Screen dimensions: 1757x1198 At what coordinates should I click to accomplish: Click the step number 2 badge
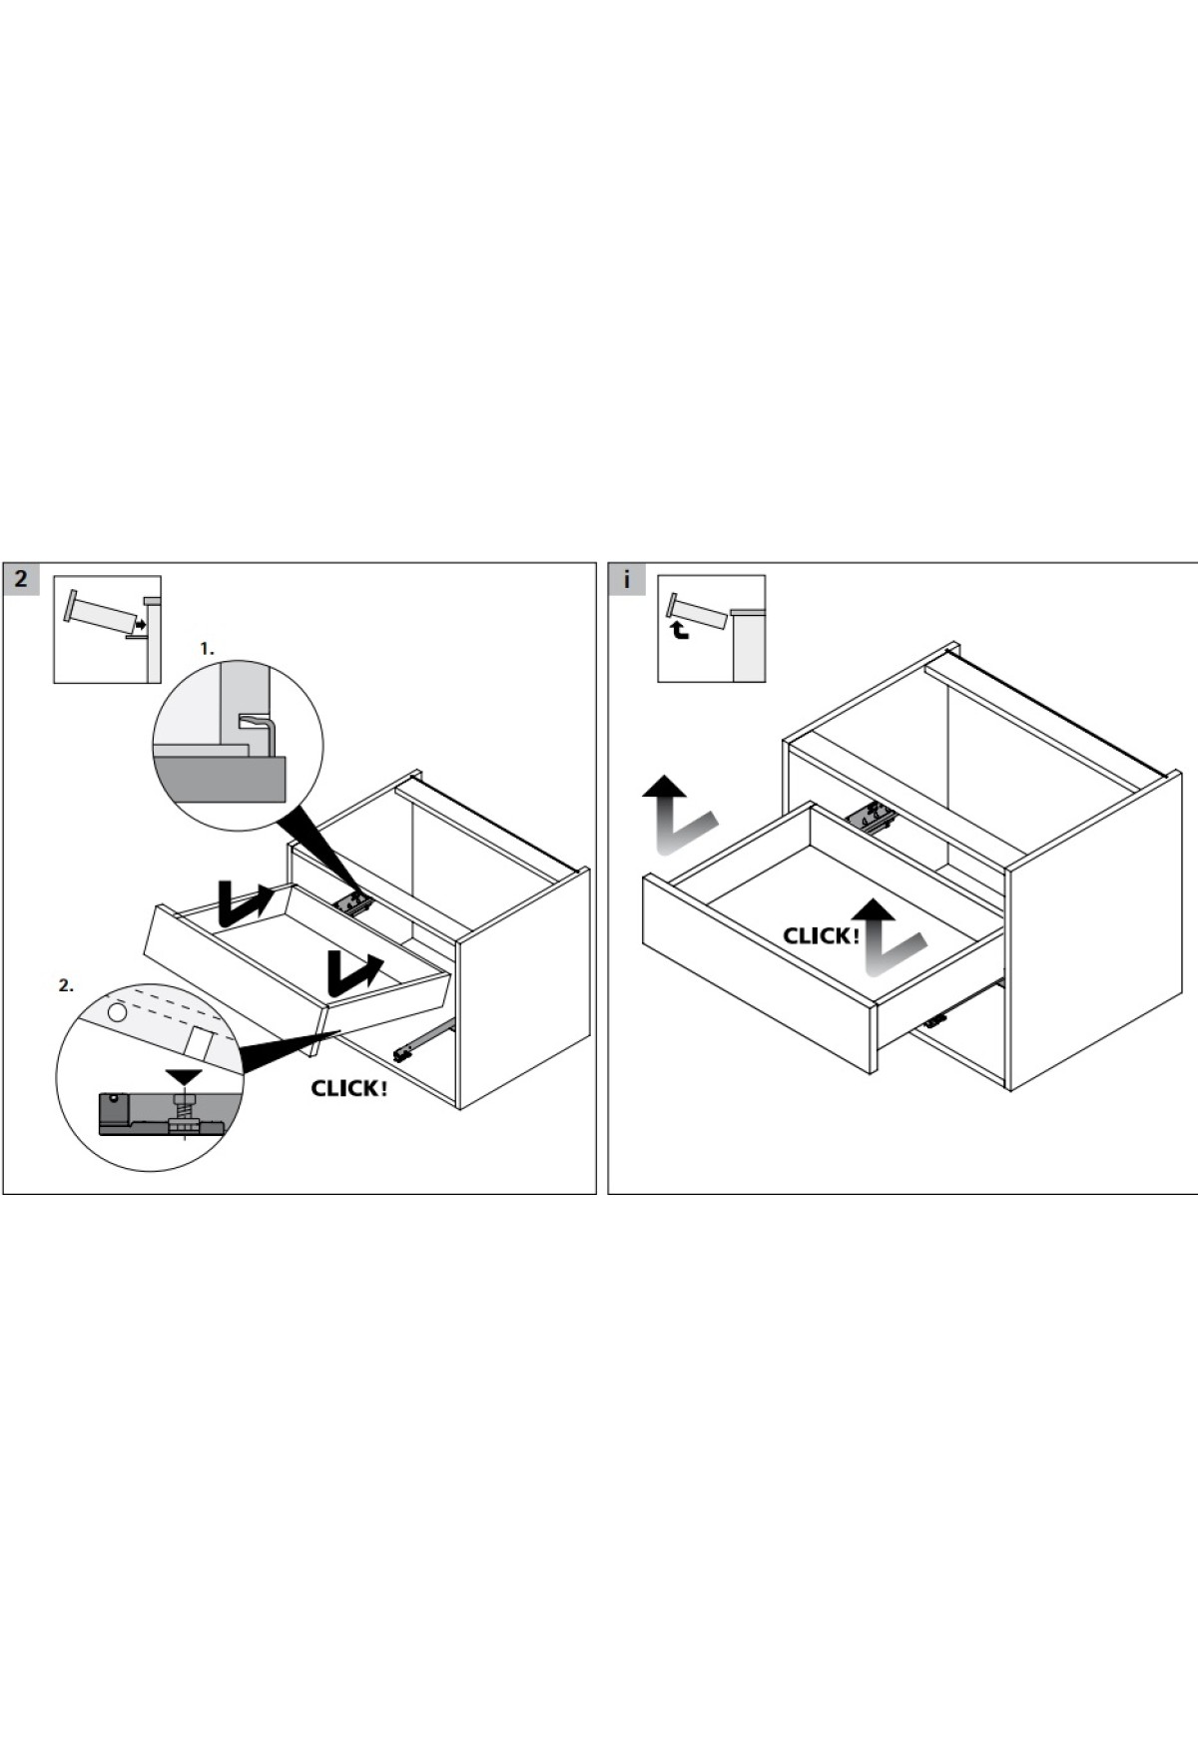point(21,578)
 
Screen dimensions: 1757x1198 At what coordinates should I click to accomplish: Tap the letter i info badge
point(626,579)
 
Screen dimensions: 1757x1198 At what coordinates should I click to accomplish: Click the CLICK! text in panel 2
point(348,1088)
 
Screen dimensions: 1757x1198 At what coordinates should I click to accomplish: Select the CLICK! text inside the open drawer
point(821,936)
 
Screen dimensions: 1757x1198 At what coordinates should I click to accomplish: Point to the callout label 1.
point(207,649)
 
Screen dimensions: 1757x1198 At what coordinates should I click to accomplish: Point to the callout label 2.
point(66,985)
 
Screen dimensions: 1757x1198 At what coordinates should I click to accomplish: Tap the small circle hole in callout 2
point(117,1012)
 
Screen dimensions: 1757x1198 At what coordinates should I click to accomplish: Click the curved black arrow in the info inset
point(680,631)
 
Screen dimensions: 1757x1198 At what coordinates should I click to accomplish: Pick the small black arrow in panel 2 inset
point(141,625)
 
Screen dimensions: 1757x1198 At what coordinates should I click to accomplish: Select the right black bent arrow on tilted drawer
point(351,972)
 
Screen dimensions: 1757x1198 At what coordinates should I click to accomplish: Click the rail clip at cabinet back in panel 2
point(355,903)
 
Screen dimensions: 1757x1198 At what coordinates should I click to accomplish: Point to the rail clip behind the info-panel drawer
point(872,818)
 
